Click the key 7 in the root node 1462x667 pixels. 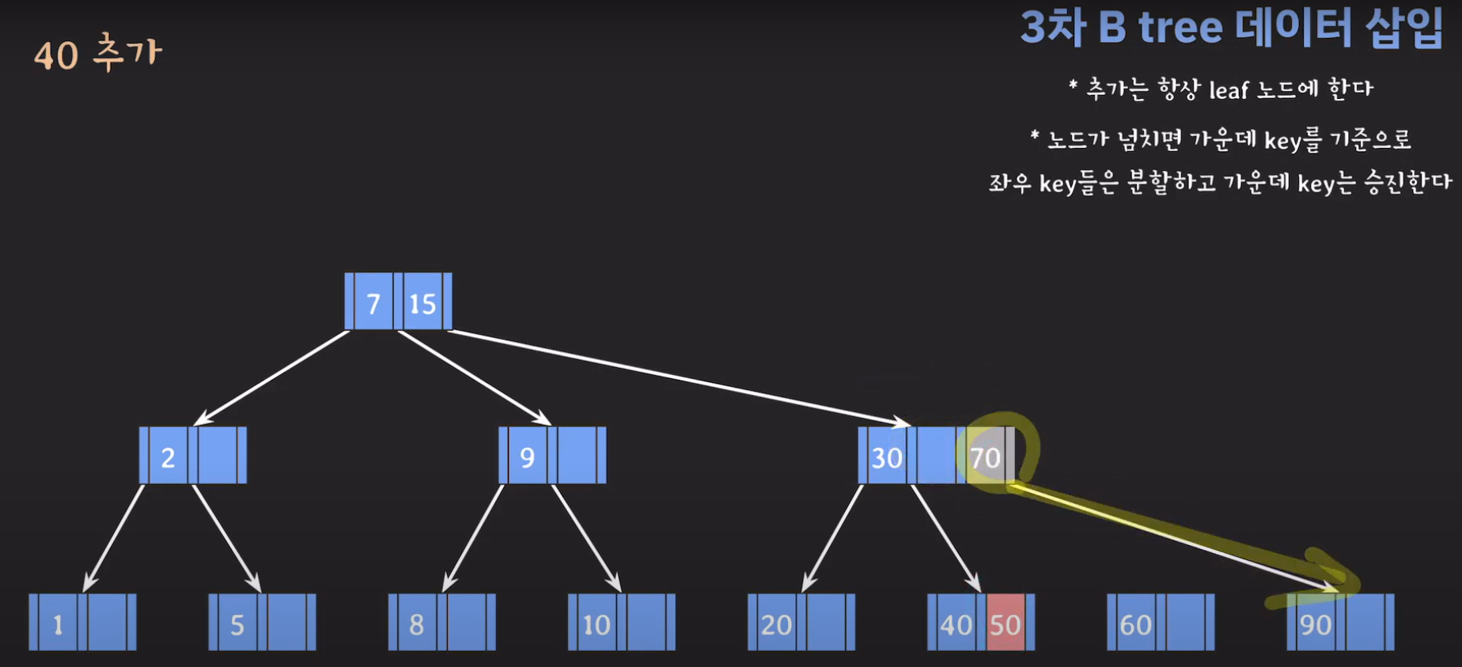pos(373,303)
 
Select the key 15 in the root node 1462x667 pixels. pos(422,303)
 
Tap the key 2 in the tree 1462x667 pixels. pos(168,457)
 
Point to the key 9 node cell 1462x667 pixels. pos(527,457)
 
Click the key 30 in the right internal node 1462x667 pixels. pos(886,457)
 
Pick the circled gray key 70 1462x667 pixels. pos(985,457)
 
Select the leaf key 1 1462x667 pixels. pos(58,624)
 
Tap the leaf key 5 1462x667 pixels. pos(237,624)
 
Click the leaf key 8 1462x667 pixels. pos(416,624)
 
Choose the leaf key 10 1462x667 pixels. pos(596,624)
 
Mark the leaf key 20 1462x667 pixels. pos(776,624)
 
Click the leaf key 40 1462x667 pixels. pos(956,624)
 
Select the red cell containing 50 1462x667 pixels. pos(1006,624)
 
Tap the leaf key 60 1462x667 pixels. pos(1135,624)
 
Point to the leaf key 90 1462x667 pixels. pos(1315,624)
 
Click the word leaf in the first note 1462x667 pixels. pos(1229,90)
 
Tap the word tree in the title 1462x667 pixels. pos(1180,28)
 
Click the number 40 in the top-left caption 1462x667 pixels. pos(56,56)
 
